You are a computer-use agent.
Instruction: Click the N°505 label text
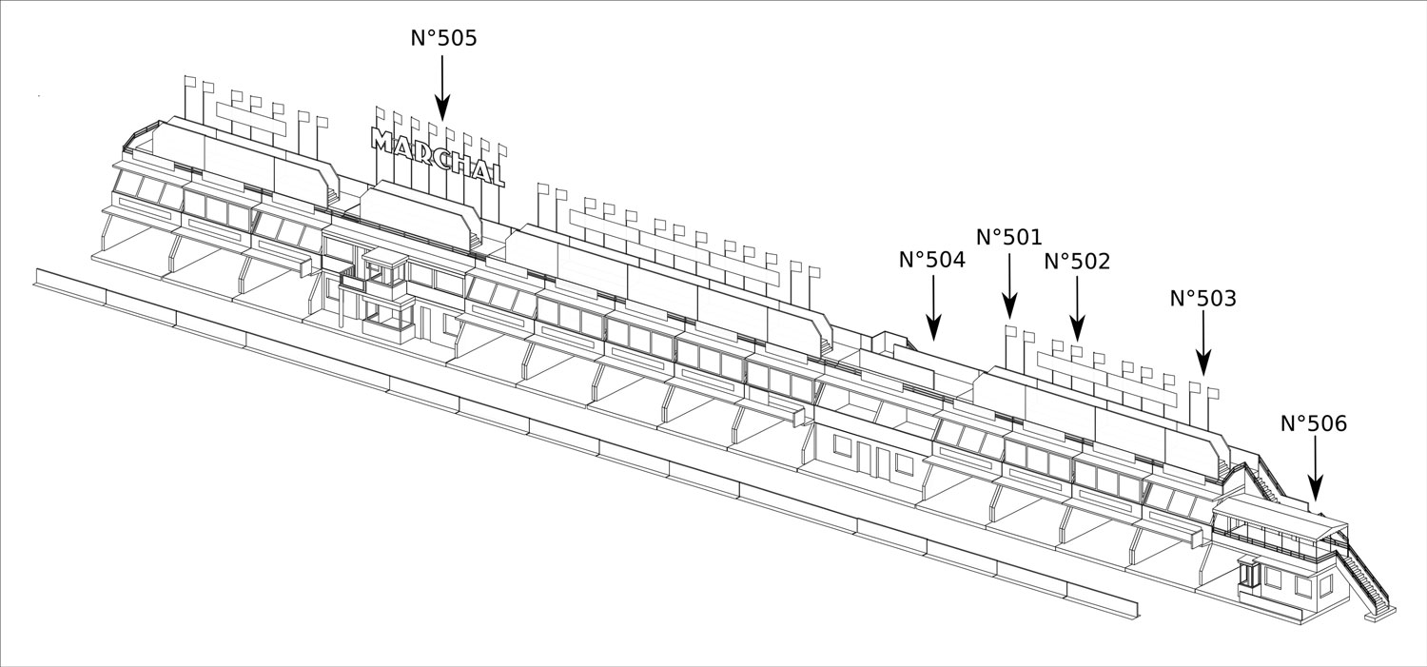click(x=443, y=38)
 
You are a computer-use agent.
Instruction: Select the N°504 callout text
click(x=931, y=260)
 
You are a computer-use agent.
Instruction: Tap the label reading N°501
click(x=1009, y=237)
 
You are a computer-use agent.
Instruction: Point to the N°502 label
click(x=1077, y=262)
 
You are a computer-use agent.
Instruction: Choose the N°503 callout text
click(x=1202, y=299)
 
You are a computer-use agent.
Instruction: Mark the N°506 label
click(x=1314, y=423)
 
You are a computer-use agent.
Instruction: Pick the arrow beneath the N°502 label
click(x=1077, y=309)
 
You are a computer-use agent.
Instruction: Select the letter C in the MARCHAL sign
click(x=433, y=155)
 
